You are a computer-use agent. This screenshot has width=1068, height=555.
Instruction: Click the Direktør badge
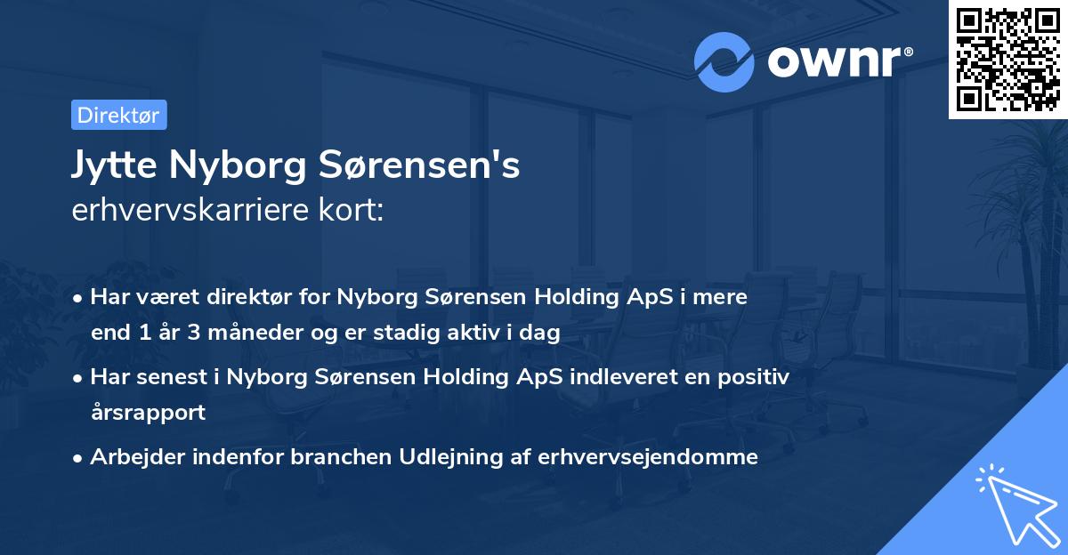(x=118, y=115)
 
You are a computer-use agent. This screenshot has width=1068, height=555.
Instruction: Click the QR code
(x=1007, y=59)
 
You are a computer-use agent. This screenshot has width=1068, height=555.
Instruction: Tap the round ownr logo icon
(x=725, y=61)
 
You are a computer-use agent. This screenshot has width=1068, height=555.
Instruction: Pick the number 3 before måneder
(x=189, y=334)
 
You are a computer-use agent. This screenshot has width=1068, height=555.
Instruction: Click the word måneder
(x=243, y=334)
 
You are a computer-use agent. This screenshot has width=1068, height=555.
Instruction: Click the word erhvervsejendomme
(x=655, y=457)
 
